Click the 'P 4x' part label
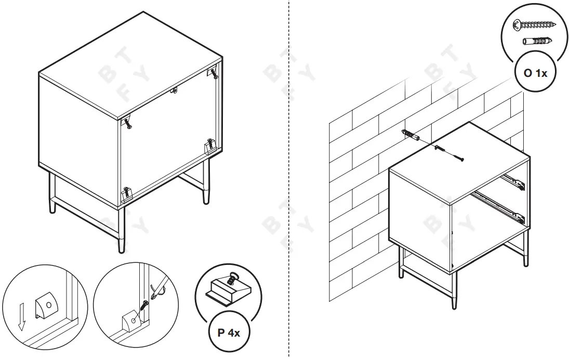coord(228,332)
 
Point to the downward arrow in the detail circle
coord(21,318)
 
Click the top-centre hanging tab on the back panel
coord(175,91)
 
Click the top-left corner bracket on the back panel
coord(127,123)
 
